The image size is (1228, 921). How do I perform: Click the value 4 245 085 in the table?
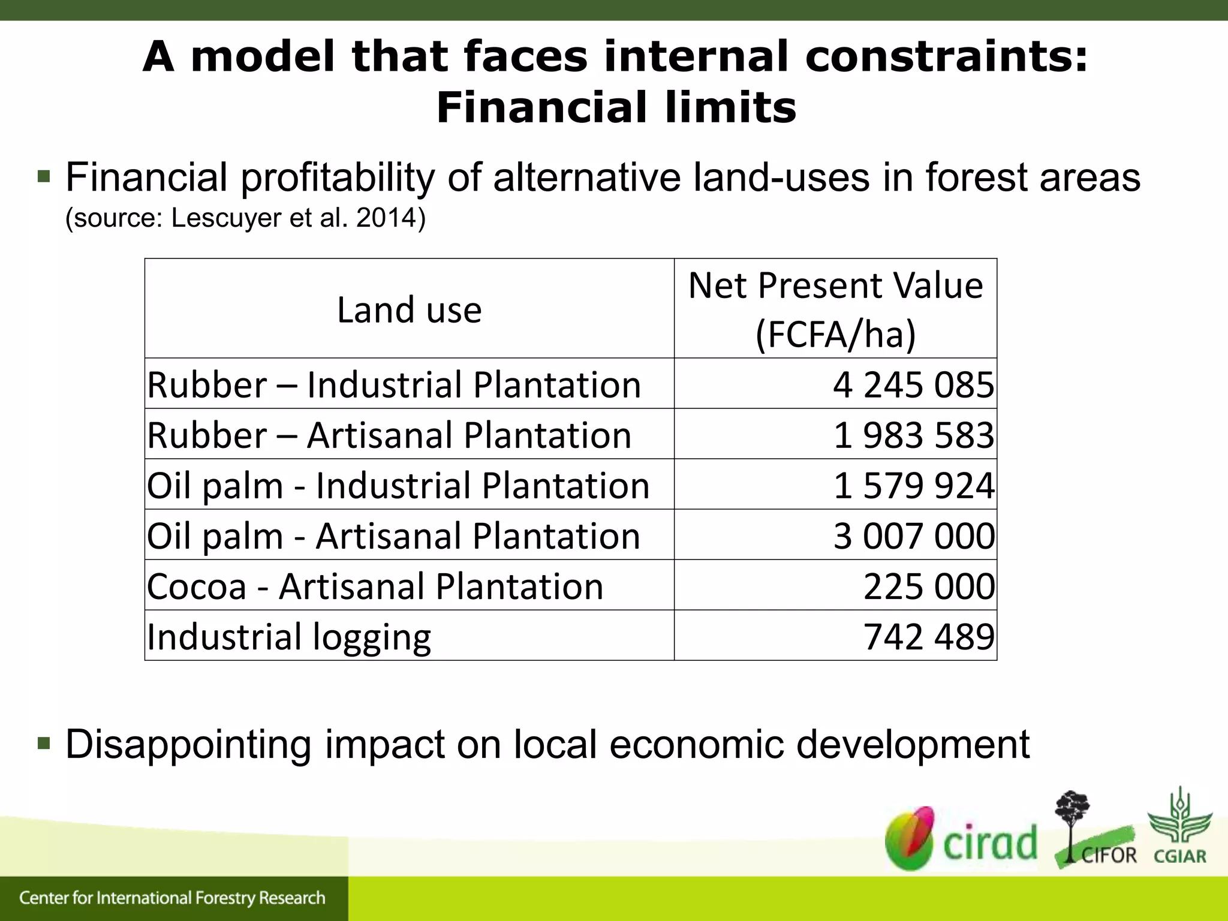(913, 384)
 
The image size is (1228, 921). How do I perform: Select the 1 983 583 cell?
(913, 435)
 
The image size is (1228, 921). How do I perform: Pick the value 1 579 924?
(913, 485)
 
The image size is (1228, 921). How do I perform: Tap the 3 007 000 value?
(913, 535)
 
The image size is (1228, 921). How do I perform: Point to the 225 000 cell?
(928, 586)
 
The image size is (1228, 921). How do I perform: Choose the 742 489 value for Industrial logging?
(928, 636)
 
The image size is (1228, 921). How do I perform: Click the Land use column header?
(409, 310)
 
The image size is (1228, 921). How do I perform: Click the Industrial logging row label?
(289, 637)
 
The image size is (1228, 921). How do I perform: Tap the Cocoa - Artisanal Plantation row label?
(375, 586)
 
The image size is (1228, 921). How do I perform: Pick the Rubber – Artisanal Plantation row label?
(389, 435)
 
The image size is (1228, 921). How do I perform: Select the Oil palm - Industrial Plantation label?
(398, 485)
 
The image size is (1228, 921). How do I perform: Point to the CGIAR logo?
(1179, 827)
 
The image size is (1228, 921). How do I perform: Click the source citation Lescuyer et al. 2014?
(245, 218)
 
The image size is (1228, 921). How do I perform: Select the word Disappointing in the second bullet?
(188, 744)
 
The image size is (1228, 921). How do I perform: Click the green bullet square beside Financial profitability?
(44, 176)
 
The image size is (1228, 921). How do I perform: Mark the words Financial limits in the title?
(616, 108)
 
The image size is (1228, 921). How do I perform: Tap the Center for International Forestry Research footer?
(172, 898)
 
